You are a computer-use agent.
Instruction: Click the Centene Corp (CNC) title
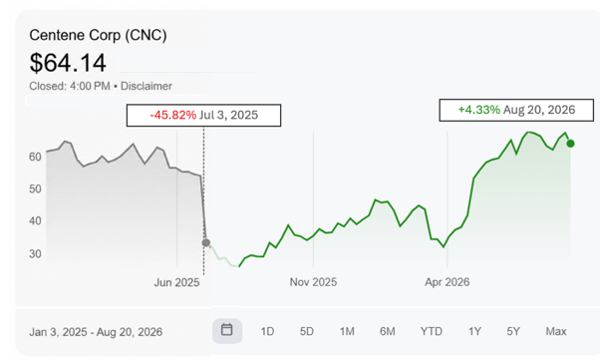click(98, 35)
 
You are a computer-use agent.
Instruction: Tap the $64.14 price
click(68, 63)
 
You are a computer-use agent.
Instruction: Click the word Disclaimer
click(147, 86)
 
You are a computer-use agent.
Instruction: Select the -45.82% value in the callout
click(173, 115)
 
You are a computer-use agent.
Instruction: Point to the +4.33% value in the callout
click(479, 110)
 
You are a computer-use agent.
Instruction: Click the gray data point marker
click(206, 242)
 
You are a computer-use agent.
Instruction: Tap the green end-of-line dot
click(570, 144)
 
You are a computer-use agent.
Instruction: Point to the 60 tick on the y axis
click(35, 157)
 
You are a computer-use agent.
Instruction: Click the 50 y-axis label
click(35, 188)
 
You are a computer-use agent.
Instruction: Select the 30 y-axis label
click(35, 253)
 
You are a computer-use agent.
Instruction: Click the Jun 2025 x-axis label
click(176, 282)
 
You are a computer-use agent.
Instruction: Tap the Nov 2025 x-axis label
click(313, 282)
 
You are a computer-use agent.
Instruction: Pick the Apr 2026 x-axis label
click(447, 282)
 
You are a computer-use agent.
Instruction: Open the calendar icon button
click(227, 330)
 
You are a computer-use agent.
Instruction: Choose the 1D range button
click(267, 331)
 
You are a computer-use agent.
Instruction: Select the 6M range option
click(388, 331)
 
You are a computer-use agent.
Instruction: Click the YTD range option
click(432, 331)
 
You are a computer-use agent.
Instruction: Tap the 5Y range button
click(513, 331)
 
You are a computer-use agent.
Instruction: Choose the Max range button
click(556, 331)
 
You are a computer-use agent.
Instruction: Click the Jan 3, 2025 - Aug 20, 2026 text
click(96, 332)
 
